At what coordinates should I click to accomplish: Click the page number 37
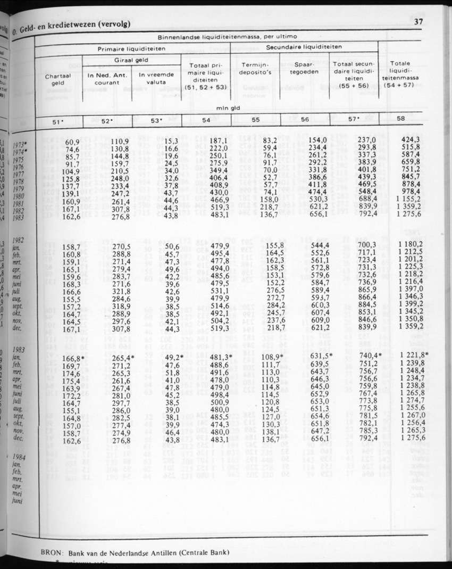(x=417, y=22)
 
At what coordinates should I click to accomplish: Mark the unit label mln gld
(x=226, y=107)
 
